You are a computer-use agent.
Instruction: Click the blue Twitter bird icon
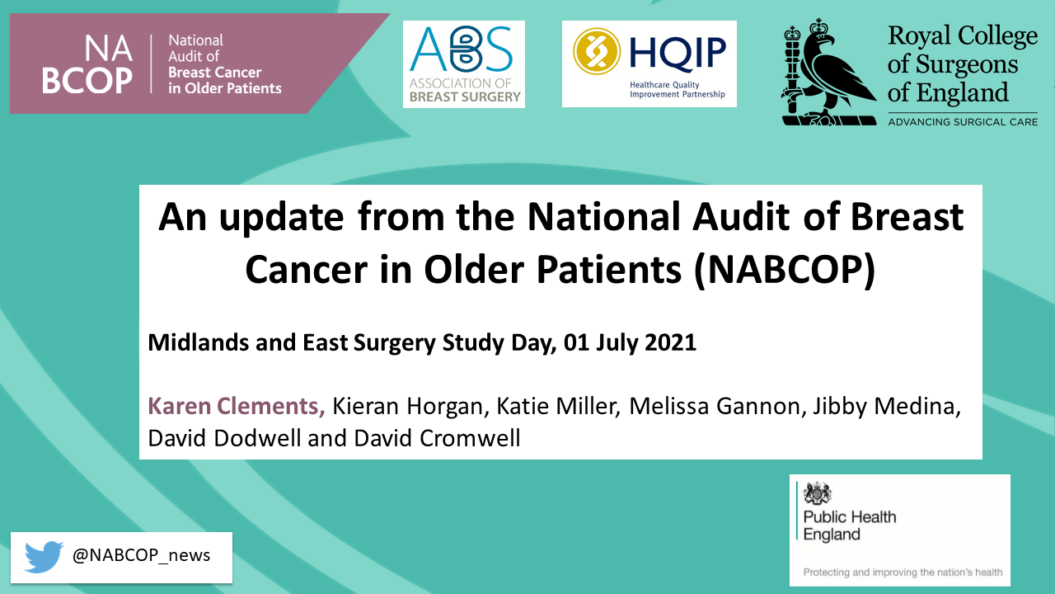tap(44, 557)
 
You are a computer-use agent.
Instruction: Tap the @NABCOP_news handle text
tap(141, 556)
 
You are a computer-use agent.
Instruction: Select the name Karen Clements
tap(236, 406)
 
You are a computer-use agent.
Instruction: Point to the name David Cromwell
tap(437, 438)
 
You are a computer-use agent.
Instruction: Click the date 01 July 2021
tap(630, 342)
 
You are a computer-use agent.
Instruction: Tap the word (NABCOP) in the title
tap(785, 270)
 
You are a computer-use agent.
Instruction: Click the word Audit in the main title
tap(741, 216)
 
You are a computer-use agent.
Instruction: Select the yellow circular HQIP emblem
tap(596, 51)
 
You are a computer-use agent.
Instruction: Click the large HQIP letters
tap(678, 53)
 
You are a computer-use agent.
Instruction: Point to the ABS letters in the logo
tap(461, 49)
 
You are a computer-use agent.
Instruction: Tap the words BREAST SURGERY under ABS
tap(465, 97)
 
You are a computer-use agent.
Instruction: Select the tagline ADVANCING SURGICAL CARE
tap(963, 122)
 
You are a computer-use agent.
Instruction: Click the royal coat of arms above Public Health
tap(818, 493)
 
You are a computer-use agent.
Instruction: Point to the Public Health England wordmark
tap(850, 526)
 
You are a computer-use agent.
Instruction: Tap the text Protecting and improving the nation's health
tap(903, 573)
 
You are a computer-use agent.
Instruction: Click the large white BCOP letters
tap(87, 81)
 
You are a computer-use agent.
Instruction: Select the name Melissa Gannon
tap(715, 407)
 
